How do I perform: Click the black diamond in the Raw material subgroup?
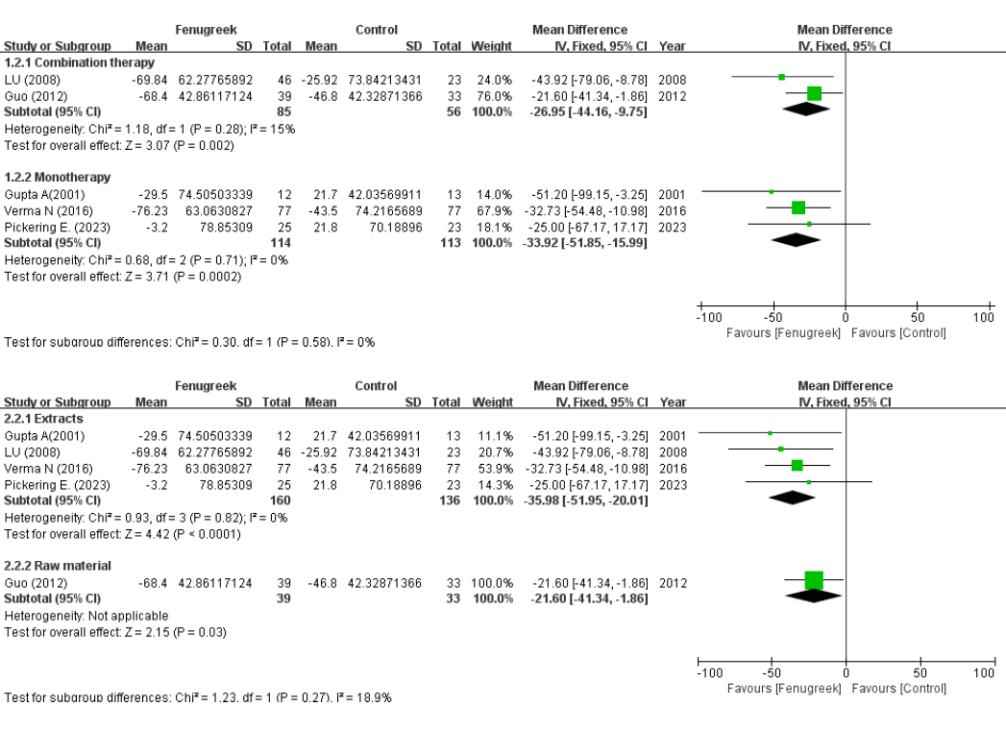814,596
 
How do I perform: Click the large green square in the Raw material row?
814,580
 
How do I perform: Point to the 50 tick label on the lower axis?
920,674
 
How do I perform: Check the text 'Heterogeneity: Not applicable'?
86,614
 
